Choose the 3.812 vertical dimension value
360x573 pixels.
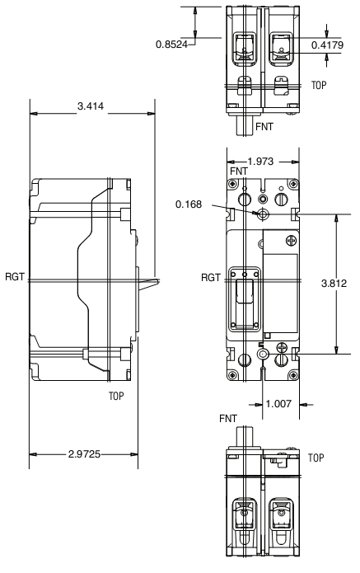[x=338, y=283]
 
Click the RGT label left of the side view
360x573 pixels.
[x=12, y=277]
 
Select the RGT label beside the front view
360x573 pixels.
[x=210, y=277]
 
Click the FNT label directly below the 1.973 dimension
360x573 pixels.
[x=239, y=171]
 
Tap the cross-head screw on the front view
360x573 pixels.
[x=289, y=241]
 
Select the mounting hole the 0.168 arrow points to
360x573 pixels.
[x=263, y=215]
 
